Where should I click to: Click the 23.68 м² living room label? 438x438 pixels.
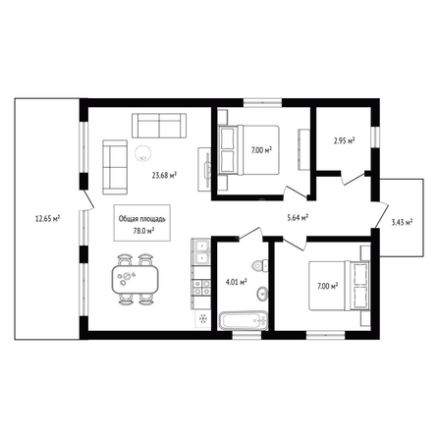click(164, 175)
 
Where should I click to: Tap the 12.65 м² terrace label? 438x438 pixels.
click(47, 218)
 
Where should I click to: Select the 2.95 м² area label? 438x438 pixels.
click(345, 141)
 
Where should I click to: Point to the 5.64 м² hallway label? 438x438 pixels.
click(298, 217)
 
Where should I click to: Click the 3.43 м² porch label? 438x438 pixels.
click(402, 223)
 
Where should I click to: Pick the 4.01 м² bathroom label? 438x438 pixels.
click(237, 281)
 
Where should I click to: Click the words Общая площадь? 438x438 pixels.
click(142, 219)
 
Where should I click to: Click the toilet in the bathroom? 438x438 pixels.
click(260, 265)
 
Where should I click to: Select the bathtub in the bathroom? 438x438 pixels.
click(244, 321)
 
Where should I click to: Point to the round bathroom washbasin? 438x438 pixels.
click(262, 294)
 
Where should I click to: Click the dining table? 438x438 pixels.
click(136, 279)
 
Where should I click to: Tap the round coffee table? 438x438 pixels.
click(143, 153)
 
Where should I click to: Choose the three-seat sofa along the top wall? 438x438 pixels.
click(159, 126)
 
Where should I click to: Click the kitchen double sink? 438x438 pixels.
click(200, 251)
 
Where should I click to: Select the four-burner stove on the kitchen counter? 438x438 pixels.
click(201, 288)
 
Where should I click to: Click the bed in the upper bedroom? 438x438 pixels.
click(248, 150)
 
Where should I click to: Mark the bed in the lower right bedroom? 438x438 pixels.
click(340, 286)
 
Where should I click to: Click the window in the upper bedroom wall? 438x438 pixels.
click(262, 102)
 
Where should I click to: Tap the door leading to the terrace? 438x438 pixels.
click(87, 199)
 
